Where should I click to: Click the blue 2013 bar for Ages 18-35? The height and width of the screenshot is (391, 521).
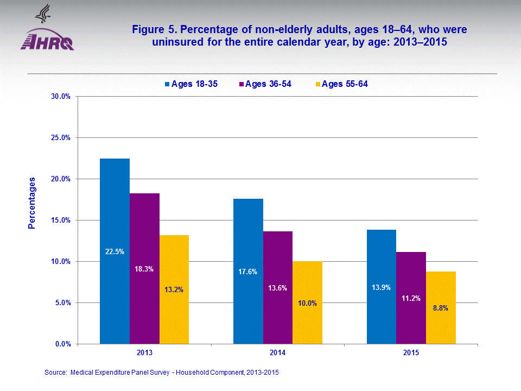(115, 251)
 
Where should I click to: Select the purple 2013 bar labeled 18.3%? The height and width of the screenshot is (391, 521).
(144, 268)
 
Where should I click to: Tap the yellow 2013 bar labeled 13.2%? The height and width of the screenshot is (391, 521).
(174, 289)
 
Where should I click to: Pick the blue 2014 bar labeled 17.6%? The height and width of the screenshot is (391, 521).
(248, 271)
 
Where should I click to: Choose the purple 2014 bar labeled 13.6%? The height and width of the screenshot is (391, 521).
(278, 287)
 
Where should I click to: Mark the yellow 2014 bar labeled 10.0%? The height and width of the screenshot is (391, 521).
(308, 302)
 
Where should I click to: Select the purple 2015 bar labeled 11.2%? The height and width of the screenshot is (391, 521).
(411, 298)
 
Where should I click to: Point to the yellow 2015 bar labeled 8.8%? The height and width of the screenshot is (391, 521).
(441, 307)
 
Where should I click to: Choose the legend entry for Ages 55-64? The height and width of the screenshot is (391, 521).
(341, 84)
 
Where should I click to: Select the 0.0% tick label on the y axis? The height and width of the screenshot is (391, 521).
(63, 344)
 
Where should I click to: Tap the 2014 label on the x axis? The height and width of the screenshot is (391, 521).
(278, 353)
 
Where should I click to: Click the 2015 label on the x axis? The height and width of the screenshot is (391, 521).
(411, 353)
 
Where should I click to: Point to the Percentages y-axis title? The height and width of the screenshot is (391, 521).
(32, 203)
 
